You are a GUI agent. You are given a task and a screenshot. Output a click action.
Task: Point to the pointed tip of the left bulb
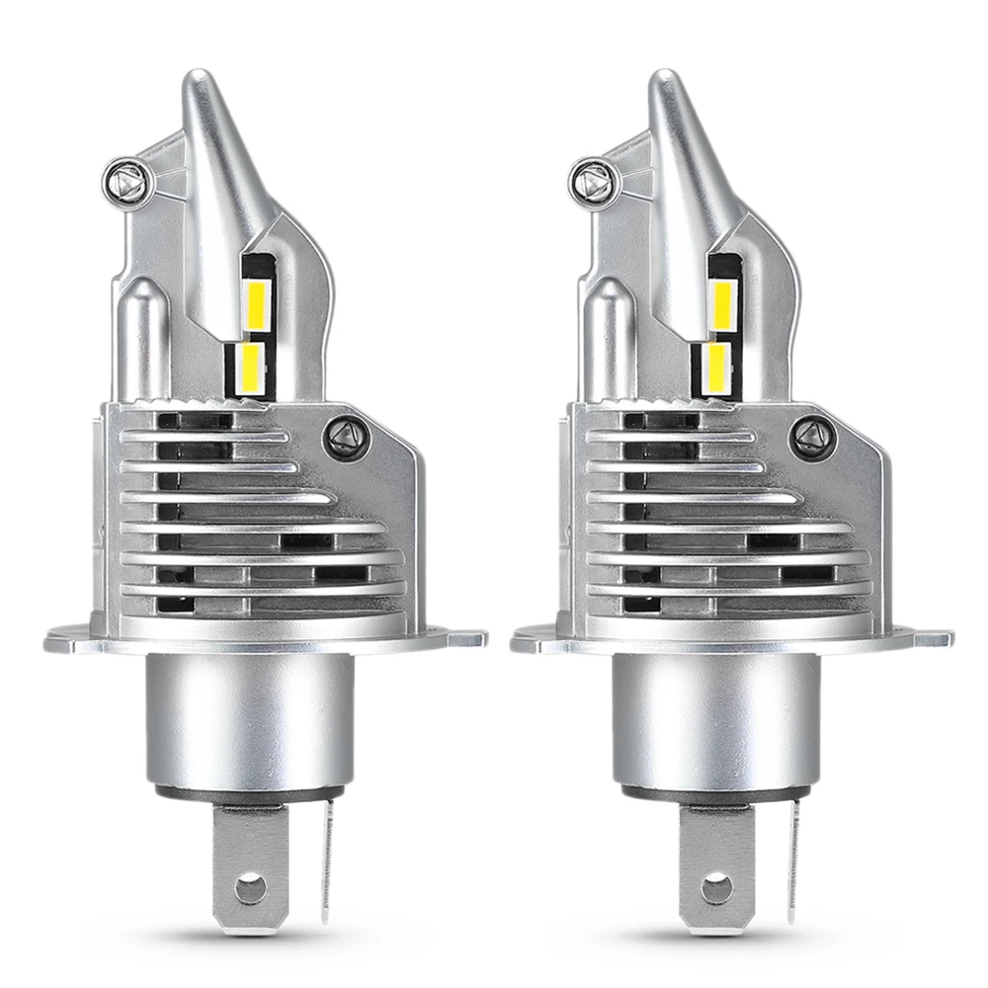[199, 79]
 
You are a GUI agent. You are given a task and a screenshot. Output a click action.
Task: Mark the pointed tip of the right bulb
[665, 79]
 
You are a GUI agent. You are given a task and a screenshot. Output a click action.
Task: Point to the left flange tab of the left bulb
[65, 639]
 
